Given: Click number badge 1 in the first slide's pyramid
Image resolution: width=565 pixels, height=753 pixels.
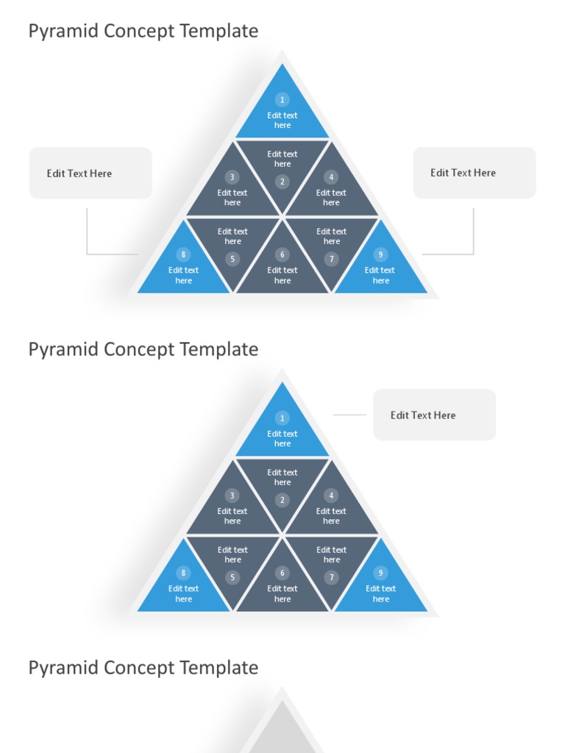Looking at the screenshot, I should tap(282, 99).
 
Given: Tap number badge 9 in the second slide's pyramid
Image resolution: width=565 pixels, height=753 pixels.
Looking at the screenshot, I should tap(380, 573).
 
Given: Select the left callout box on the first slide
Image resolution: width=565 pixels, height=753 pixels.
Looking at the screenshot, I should tap(90, 173).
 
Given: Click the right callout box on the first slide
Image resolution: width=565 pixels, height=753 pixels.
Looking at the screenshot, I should tap(475, 173).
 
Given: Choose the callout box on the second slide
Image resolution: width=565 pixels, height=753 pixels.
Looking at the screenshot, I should tap(434, 415).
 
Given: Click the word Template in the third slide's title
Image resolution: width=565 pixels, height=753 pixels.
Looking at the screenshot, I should tap(220, 668).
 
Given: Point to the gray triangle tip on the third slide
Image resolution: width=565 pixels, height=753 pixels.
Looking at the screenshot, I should tap(282, 724).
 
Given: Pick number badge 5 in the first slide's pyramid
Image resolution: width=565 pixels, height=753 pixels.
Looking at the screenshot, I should tap(232, 259).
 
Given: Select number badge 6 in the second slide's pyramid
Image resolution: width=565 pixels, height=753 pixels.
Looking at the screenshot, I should tap(282, 573).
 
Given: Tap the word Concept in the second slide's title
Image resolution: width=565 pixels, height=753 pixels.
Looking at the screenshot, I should tap(140, 349).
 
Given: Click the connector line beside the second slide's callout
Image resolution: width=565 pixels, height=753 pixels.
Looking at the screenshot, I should tap(349, 415).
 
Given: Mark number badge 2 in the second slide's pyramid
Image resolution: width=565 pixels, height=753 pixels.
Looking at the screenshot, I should tap(282, 500).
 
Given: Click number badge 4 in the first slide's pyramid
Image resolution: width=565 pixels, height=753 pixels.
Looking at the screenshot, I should tap(331, 177).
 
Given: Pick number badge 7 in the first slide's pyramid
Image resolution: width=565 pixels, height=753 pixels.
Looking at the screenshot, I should tap(332, 259).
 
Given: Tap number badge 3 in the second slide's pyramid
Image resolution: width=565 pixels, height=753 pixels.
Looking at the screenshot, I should tap(232, 496).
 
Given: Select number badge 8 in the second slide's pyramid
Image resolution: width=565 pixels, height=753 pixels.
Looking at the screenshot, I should tap(183, 573).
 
